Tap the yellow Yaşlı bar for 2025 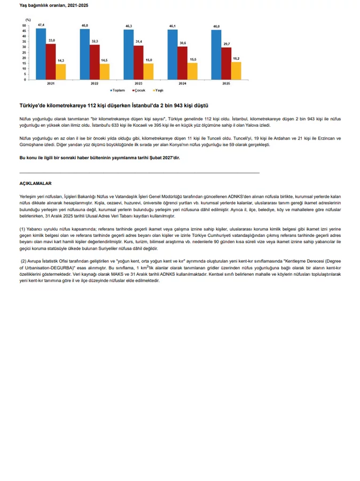(x=236, y=71)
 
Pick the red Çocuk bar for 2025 (x=226, y=64)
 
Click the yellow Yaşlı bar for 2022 (x=104, y=72)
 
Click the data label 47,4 (x=41, y=25)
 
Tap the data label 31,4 (x=138, y=42)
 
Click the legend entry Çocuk (x=139, y=90)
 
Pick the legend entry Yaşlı (x=159, y=90)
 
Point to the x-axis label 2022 (x=95, y=84)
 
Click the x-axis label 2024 (x=182, y=84)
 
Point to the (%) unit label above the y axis (x=27, y=19)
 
